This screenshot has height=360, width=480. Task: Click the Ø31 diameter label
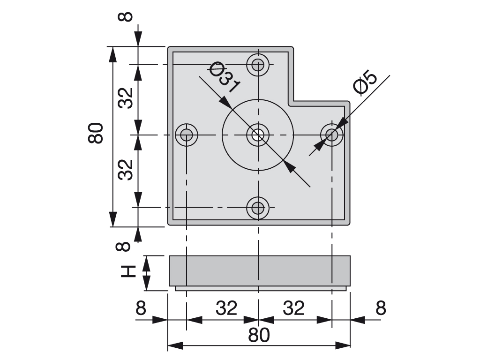(x=224, y=76)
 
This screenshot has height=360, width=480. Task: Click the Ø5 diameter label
(x=365, y=82)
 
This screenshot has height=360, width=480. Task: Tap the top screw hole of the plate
(x=258, y=65)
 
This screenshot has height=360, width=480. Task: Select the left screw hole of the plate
(x=187, y=135)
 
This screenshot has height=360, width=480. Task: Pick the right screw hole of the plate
(x=331, y=134)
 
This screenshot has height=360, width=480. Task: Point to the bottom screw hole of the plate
(x=258, y=208)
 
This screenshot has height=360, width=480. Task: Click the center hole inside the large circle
(x=258, y=135)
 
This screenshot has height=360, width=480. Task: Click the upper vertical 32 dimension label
(x=126, y=98)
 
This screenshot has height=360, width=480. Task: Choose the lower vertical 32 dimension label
(x=126, y=170)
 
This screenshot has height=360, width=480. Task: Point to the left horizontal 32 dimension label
(x=226, y=308)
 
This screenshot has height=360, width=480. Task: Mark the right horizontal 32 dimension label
(x=293, y=308)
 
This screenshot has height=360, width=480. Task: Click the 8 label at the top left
(x=125, y=16)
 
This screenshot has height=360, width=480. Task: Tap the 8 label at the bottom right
(x=381, y=308)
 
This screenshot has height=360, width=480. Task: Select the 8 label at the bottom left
(x=141, y=308)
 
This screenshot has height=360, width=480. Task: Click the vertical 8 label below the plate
(x=123, y=246)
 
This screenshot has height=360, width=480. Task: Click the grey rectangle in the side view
(x=260, y=271)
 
